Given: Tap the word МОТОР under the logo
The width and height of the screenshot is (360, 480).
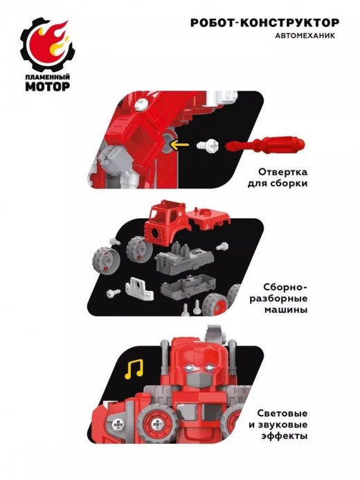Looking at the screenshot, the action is click(x=47, y=87).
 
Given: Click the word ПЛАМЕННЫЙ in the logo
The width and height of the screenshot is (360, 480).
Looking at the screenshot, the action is click(x=47, y=77).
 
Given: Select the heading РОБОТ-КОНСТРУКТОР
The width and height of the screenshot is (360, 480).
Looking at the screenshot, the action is click(x=265, y=23).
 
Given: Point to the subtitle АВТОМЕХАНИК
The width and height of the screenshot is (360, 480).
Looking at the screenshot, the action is click(x=305, y=36).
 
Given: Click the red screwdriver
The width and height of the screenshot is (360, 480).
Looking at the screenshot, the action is click(x=265, y=144).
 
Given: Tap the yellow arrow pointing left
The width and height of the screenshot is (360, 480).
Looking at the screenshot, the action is click(x=179, y=145).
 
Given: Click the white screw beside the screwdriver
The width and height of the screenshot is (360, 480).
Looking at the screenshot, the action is click(x=208, y=145).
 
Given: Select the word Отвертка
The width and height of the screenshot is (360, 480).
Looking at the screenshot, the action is click(x=283, y=172).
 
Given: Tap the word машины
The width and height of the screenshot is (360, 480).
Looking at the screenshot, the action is click(x=286, y=310).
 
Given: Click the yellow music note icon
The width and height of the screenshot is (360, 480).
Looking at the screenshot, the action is click(x=134, y=368).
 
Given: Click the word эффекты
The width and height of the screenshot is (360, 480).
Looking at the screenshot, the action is click(x=284, y=436).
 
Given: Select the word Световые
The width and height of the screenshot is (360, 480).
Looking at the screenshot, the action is click(x=282, y=414).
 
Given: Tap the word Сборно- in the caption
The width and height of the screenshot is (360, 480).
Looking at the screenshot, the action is click(x=286, y=287).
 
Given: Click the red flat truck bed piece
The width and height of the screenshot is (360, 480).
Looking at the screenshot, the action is click(x=209, y=218).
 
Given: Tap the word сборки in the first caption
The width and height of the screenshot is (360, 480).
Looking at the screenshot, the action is click(x=290, y=184).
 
